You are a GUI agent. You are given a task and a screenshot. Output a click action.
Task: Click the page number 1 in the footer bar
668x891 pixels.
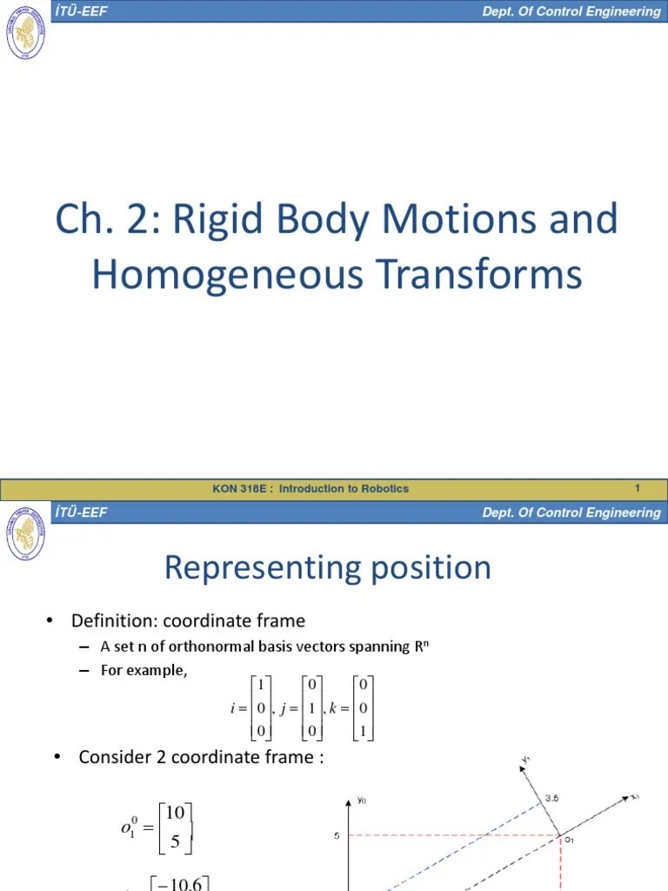(638, 488)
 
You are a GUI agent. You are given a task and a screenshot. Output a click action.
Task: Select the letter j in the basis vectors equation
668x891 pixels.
(283, 708)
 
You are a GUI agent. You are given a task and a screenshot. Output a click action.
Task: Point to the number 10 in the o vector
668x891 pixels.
(174, 812)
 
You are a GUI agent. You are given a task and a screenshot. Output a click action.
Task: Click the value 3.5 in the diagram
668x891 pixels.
(552, 797)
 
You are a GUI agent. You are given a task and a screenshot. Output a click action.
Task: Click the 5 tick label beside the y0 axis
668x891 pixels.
(336, 837)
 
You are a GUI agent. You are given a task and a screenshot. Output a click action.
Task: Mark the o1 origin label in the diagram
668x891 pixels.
(571, 841)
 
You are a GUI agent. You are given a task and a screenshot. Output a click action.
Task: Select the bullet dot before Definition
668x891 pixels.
(50, 620)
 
